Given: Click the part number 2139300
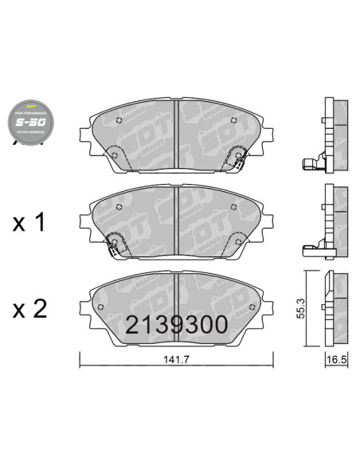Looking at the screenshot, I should point(177,324).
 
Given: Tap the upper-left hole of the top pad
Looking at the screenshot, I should point(119,121).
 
